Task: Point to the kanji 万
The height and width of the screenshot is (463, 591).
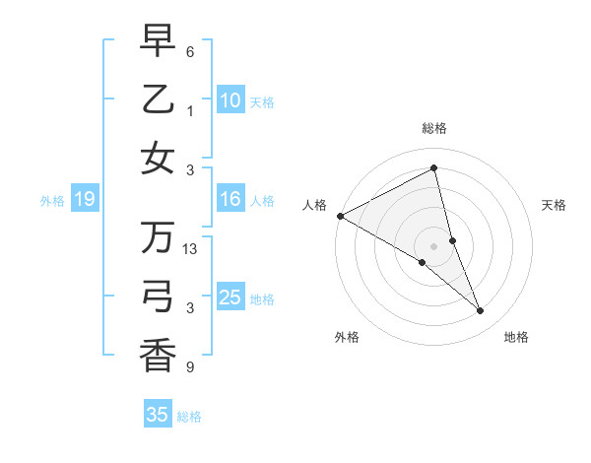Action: [x=158, y=237]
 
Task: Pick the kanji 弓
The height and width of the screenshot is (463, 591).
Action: [x=158, y=296]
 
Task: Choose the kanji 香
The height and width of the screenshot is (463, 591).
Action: [x=158, y=355]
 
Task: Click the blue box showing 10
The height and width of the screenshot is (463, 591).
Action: [x=230, y=99]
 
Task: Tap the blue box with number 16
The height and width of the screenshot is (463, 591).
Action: [x=230, y=200]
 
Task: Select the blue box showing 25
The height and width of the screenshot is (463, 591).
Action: [x=230, y=298]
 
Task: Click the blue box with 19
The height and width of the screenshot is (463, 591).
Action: [x=84, y=200]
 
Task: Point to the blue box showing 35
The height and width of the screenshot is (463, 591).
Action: [x=158, y=415]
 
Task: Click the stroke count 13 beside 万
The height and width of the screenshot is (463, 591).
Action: [x=192, y=250]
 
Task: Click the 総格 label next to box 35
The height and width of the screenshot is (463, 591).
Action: [x=189, y=417]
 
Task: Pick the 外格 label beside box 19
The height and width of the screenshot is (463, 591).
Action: [x=52, y=201]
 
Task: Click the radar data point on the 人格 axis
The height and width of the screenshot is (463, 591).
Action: [x=340, y=216]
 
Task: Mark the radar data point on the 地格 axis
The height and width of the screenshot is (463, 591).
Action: [x=481, y=311]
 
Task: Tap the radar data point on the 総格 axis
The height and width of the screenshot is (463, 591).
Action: [x=433, y=169]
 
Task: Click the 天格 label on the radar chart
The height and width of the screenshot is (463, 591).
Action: [x=555, y=205]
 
